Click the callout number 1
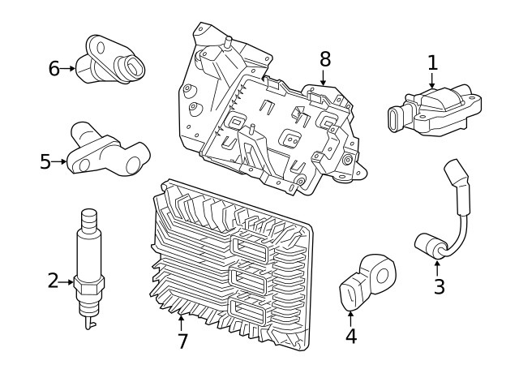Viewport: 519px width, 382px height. pos(432,62)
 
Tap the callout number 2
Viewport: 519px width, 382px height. pos(53,281)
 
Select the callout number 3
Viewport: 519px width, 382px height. pos(439,286)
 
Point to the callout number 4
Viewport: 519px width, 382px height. pos(350,335)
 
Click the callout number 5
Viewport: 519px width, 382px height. pos(45,162)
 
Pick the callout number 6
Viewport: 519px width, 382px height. pos(54,69)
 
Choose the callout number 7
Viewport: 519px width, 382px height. pos(182,341)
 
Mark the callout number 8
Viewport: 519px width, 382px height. pos(324,58)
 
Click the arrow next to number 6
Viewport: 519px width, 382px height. pos(71,69)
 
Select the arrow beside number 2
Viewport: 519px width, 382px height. pos(68,282)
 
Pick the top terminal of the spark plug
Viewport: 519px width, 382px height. pos(88,217)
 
